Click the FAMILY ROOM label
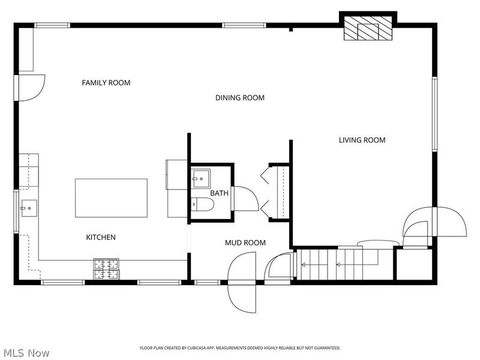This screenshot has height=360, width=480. point(106,83)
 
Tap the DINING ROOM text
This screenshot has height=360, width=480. point(240,98)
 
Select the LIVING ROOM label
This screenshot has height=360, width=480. point(362,140)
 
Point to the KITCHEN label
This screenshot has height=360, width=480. point(101,237)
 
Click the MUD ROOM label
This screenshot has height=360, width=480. point(245,243)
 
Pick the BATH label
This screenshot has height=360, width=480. point(219,193)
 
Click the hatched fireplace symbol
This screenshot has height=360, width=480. point(368,28)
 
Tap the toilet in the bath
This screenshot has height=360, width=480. point(202,204)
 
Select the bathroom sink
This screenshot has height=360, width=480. point(201,178)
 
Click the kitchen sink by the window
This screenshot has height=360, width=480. point(29,208)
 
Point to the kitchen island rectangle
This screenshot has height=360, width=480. point(111,198)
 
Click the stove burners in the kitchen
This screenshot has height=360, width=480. point(106,269)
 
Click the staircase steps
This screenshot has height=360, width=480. point(345,264)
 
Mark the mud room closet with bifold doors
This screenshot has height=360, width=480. point(275,192)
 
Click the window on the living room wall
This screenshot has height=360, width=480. point(434,114)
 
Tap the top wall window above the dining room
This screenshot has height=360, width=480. point(244,25)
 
